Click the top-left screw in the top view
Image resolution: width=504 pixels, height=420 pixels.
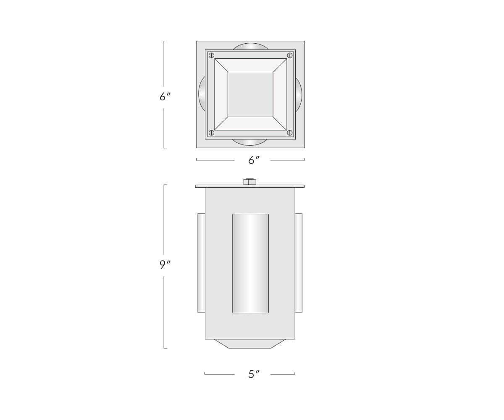click(x=212, y=55)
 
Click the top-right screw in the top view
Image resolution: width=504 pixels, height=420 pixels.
click(x=289, y=55)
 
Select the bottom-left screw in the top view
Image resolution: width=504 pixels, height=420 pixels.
click(x=212, y=133)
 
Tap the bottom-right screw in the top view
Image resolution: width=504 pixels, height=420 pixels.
click(x=289, y=133)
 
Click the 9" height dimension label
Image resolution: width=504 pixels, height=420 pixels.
click(x=165, y=265)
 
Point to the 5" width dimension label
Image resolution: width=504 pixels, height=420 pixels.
click(x=254, y=374)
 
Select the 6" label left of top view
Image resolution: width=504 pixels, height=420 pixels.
click(x=165, y=97)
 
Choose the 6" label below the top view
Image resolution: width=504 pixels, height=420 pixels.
click(x=254, y=160)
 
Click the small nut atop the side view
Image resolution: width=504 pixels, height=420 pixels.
click(x=250, y=181)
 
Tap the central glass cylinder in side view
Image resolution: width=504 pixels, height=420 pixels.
click(x=250, y=263)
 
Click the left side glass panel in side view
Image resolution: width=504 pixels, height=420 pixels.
click(x=201, y=262)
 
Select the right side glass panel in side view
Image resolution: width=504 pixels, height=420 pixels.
click(x=299, y=262)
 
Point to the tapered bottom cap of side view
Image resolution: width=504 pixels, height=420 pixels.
click(x=250, y=344)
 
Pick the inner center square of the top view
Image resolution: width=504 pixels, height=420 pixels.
click(x=250, y=94)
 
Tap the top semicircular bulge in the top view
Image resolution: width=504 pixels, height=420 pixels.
click(x=250, y=46)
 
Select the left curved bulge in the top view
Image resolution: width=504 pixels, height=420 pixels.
click(x=202, y=94)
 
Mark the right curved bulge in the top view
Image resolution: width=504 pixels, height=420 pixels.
click(x=299, y=94)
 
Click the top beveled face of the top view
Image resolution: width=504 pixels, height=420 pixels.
click(x=250, y=65)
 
